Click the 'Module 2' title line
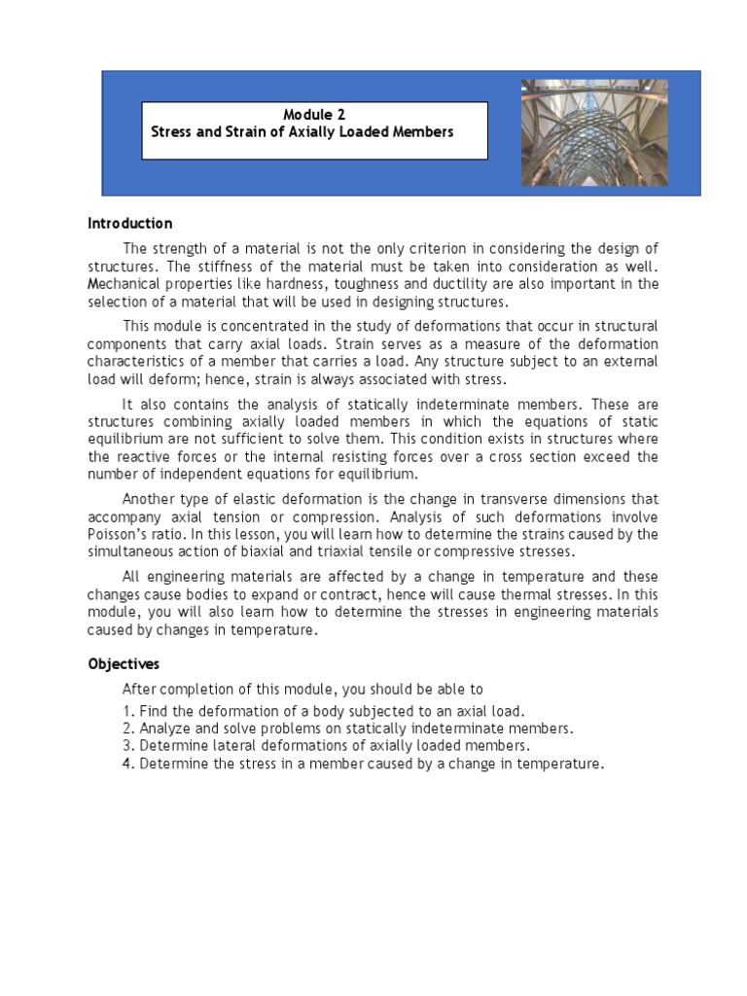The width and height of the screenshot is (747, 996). click(x=313, y=114)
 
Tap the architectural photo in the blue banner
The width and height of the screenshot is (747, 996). click(x=594, y=132)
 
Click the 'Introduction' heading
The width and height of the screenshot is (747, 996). click(x=130, y=223)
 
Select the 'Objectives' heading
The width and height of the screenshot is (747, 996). click(x=124, y=664)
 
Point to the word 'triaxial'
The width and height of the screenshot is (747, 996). click(x=393, y=551)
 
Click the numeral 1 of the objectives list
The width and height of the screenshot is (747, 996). click(x=126, y=711)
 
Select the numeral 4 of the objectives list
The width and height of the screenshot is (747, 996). click(x=126, y=764)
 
